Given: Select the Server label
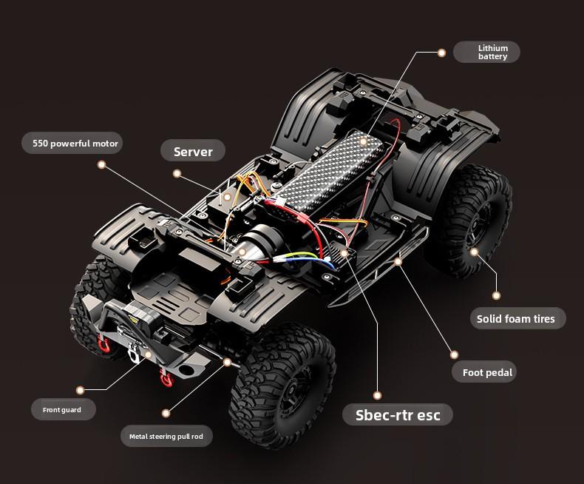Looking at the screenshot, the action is click(x=193, y=151).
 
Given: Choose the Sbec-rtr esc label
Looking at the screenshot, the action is click(x=398, y=414).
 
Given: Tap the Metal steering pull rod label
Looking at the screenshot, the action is click(x=166, y=436).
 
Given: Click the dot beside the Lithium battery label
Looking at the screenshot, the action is click(x=441, y=53).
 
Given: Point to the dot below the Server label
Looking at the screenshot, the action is click(x=177, y=173).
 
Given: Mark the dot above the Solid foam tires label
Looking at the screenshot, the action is click(x=496, y=296).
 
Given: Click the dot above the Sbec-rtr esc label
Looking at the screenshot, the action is click(x=377, y=396).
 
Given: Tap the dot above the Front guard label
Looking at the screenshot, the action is click(x=80, y=391).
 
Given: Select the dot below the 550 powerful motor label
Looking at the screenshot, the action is click(x=101, y=165).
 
